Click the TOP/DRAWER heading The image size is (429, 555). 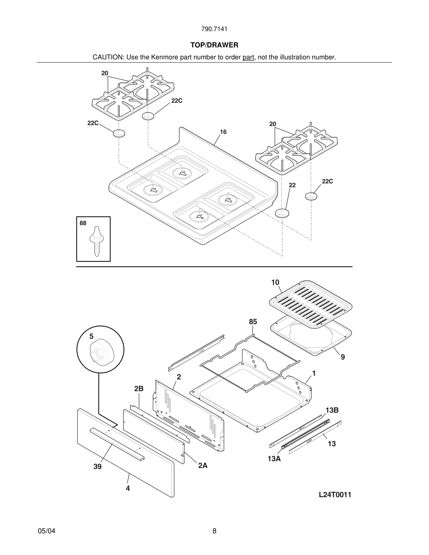click(x=214, y=45)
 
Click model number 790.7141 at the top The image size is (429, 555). click(x=214, y=29)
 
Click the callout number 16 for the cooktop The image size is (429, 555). click(x=223, y=132)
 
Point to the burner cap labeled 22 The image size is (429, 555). click(x=282, y=213)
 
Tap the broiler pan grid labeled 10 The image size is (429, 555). click(x=311, y=303)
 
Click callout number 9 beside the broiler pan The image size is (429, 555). click(x=343, y=357)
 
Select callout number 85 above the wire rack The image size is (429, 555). click(x=253, y=322)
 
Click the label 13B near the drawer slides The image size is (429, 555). click(x=332, y=410)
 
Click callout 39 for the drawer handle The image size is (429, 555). click(x=97, y=467)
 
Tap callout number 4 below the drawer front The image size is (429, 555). click(x=128, y=488)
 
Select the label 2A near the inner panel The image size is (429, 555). click(x=203, y=466)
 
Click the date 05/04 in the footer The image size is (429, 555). click(x=46, y=531)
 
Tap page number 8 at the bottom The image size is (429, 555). click(x=214, y=531)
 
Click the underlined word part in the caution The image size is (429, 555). click(x=248, y=57)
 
